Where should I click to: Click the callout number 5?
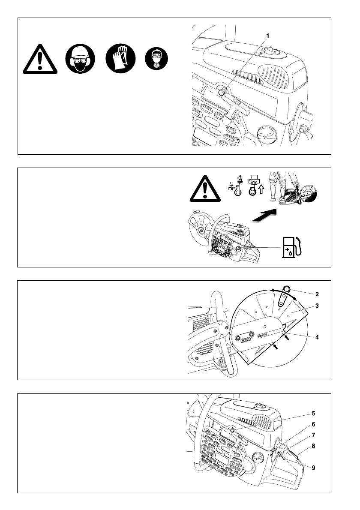[313, 414]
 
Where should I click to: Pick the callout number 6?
[313, 424]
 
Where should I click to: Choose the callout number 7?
[313, 435]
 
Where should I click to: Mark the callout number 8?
[313, 446]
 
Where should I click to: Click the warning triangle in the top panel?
[39, 59]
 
